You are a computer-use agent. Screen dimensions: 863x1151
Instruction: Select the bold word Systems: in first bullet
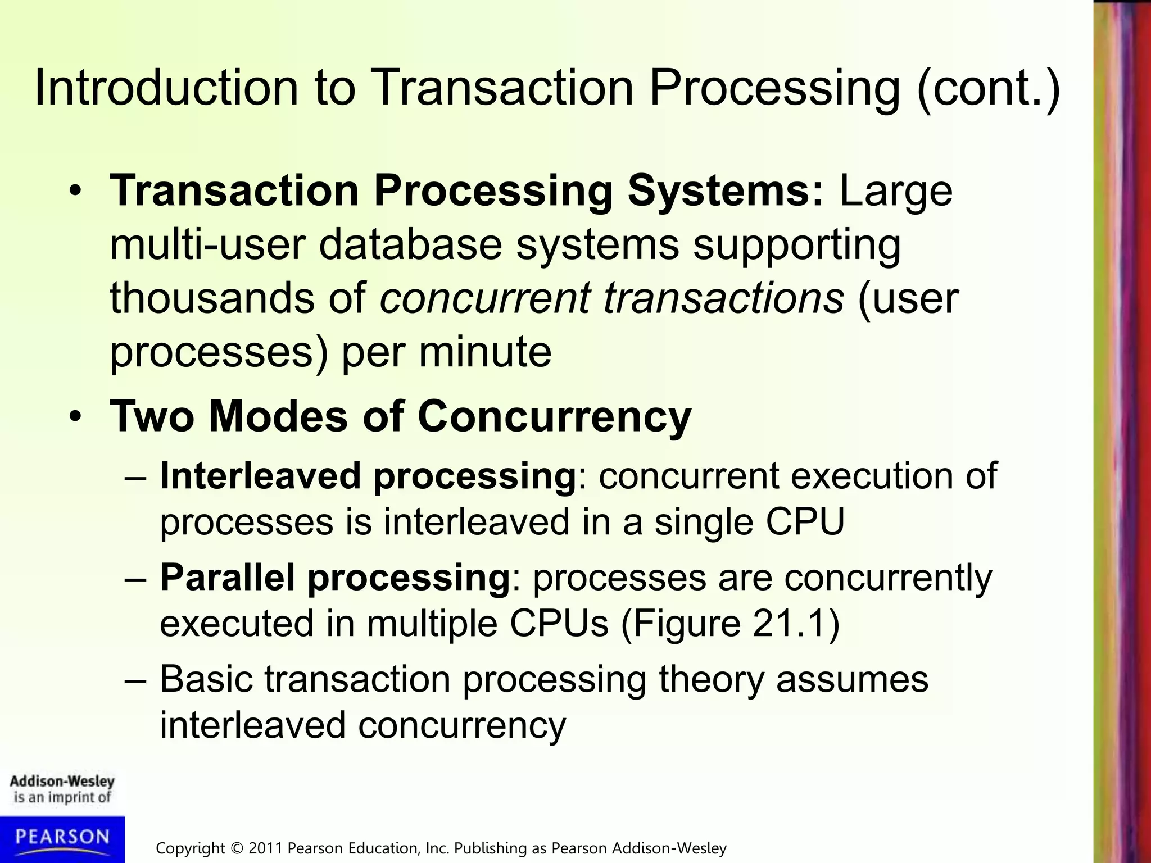[x=726, y=190]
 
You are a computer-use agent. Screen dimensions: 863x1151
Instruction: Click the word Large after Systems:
[x=896, y=192]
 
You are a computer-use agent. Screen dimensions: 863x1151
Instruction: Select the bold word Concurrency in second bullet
[x=554, y=417]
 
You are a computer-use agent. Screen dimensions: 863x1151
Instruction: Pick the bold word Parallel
[x=227, y=578]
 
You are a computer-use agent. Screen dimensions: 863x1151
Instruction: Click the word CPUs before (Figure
[x=559, y=623]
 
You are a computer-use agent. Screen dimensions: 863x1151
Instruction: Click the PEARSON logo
[x=62, y=838]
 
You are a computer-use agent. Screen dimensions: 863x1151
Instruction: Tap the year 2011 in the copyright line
[x=266, y=848]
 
